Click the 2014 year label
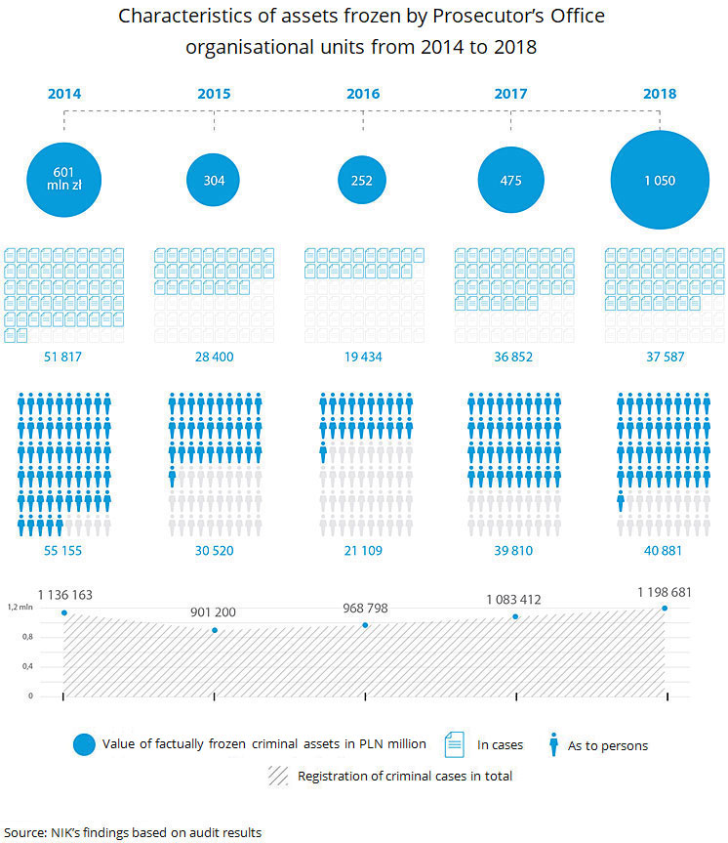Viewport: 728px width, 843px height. [64, 95]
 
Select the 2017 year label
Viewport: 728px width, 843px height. [510, 95]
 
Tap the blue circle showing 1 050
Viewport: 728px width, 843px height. [660, 180]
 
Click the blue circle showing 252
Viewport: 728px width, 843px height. [362, 180]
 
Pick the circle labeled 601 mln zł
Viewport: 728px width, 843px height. [64, 180]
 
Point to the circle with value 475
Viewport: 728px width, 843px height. [510, 180]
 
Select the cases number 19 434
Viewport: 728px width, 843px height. [362, 357]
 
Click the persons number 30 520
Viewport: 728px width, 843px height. [214, 551]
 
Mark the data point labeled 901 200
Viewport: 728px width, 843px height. [215, 630]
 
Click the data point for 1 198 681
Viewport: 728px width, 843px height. [666, 608]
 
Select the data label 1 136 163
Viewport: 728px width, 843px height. [64, 594]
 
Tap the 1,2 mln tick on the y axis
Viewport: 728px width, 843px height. [20, 608]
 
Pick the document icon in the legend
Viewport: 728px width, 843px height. [455, 744]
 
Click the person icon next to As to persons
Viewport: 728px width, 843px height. [554, 744]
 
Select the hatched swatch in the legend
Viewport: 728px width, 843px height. [277, 777]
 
